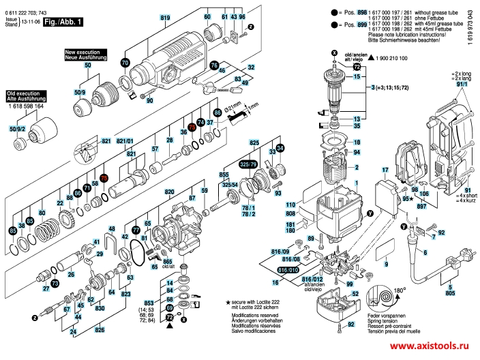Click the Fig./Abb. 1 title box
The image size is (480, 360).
pyautogui.click(x=62, y=22)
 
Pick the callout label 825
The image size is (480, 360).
pyautogui.click(x=254, y=142)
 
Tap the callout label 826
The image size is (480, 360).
pyautogui.click(x=100, y=329)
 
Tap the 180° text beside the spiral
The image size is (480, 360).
pyautogui.click(x=402, y=280)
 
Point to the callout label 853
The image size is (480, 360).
pyautogui.click(x=149, y=303)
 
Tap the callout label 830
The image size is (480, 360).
pyautogui.click(x=100, y=307)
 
